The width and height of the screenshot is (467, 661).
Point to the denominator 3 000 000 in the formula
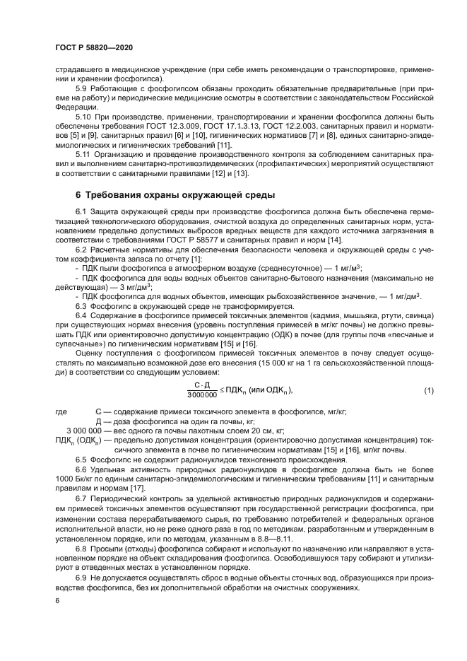[x=202, y=395]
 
